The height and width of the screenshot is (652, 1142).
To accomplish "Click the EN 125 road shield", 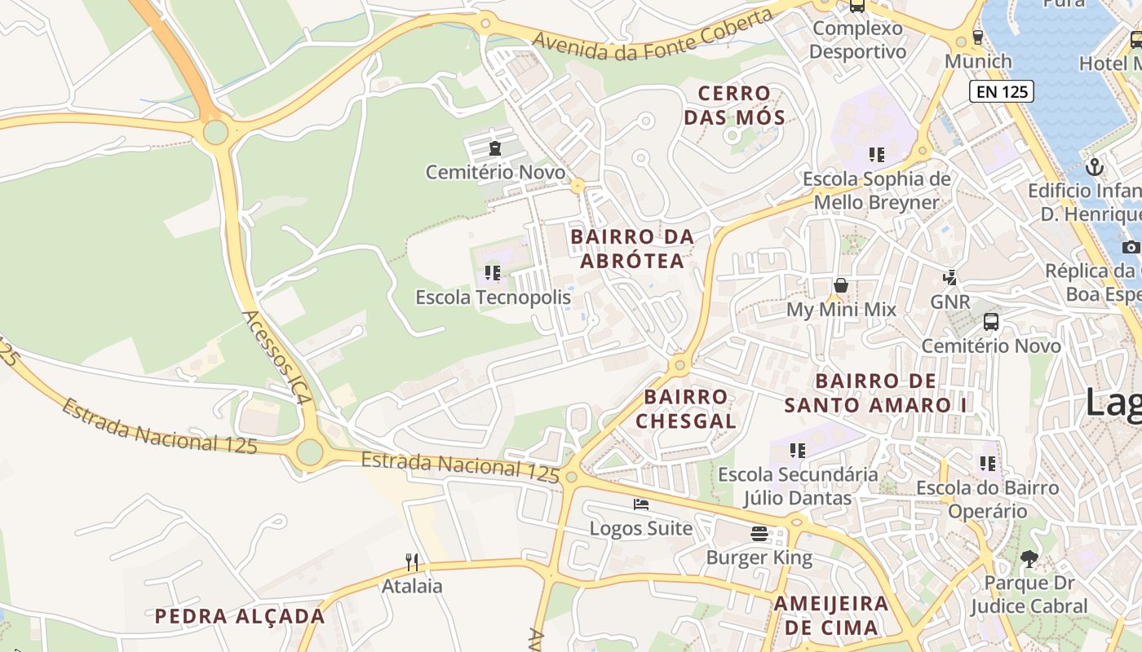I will click(1002, 91).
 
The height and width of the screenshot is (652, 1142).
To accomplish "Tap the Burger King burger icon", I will click(759, 534).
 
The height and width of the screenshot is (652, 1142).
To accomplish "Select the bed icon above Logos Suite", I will click(641, 504).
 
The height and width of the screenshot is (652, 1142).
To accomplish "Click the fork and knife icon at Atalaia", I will click(412, 562).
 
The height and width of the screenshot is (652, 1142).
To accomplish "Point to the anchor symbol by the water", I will click(1095, 167).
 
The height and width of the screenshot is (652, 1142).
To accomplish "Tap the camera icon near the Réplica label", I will click(1131, 247).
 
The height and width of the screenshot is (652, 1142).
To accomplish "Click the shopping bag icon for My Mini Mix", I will click(840, 285).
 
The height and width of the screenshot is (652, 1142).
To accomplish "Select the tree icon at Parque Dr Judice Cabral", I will click(1029, 558).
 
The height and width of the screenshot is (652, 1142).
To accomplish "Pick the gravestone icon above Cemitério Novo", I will click(494, 148).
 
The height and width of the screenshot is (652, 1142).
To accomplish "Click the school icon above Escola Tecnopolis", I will click(492, 272).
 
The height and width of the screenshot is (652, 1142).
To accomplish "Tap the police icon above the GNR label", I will click(949, 277).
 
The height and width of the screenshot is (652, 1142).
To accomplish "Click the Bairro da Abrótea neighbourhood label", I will click(632, 249).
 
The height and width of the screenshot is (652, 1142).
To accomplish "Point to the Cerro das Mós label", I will click(734, 105).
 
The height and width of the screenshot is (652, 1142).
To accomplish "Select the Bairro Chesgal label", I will click(685, 409).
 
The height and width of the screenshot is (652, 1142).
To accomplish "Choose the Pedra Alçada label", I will click(240, 616).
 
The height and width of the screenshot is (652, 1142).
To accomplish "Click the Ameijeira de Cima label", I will click(830, 615).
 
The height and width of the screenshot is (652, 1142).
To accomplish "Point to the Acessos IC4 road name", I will click(277, 356).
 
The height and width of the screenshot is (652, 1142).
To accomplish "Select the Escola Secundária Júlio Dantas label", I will click(798, 486).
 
